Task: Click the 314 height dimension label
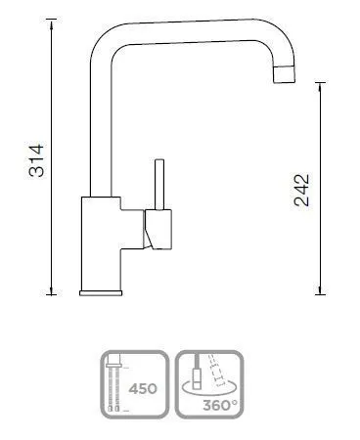coord(36,160)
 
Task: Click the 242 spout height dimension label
coord(301,191)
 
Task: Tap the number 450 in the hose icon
coord(143,389)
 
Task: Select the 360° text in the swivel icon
coord(220,406)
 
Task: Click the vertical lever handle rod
coord(159,185)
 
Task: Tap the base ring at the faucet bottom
coord(101,292)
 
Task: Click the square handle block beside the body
coord(157,230)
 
